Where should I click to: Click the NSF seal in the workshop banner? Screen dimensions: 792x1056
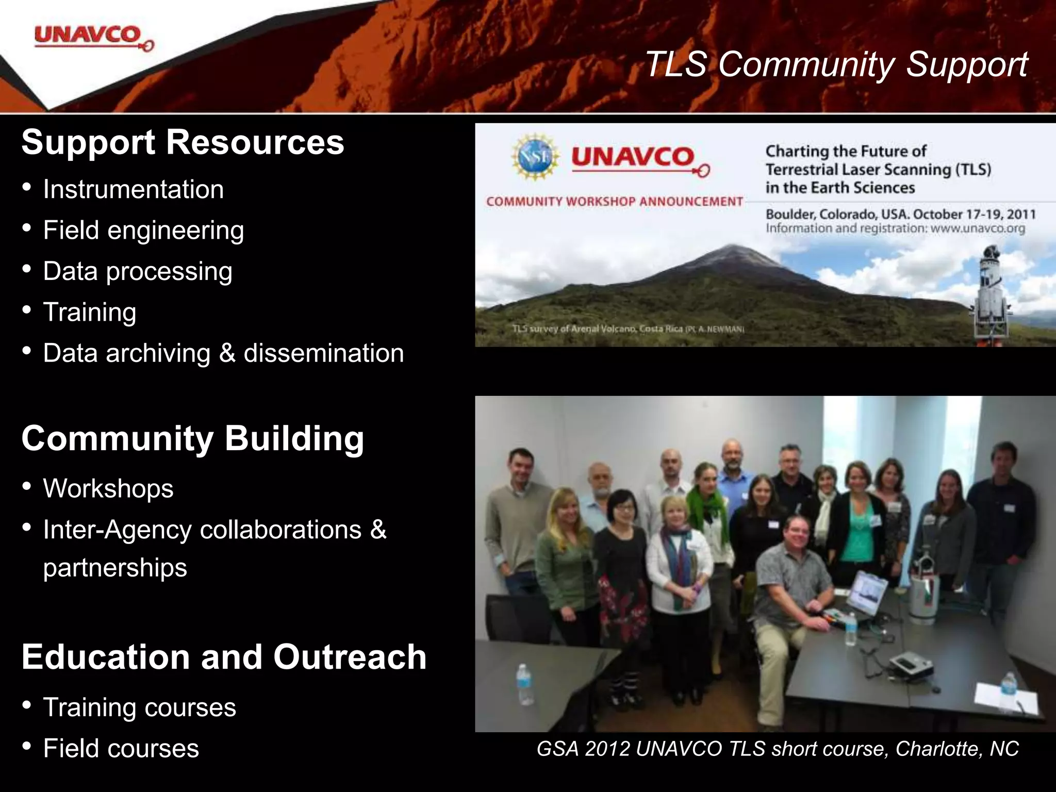535,157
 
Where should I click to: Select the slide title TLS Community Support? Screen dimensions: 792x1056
836,65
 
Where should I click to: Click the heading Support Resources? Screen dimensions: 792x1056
183,142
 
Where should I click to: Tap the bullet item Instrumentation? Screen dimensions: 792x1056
133,189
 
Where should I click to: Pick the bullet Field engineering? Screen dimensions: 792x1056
143,230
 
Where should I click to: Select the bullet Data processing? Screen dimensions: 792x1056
137,271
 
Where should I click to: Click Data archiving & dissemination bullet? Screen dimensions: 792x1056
223,353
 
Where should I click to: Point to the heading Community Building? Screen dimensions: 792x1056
192,439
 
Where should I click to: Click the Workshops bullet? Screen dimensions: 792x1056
108,488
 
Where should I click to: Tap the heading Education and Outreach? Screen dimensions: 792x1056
224,657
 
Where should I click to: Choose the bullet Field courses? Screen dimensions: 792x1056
121,748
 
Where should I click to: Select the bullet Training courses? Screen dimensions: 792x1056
139,707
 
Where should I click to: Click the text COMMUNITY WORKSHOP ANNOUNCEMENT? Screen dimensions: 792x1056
614,202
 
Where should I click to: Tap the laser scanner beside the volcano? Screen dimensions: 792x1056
989,294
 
